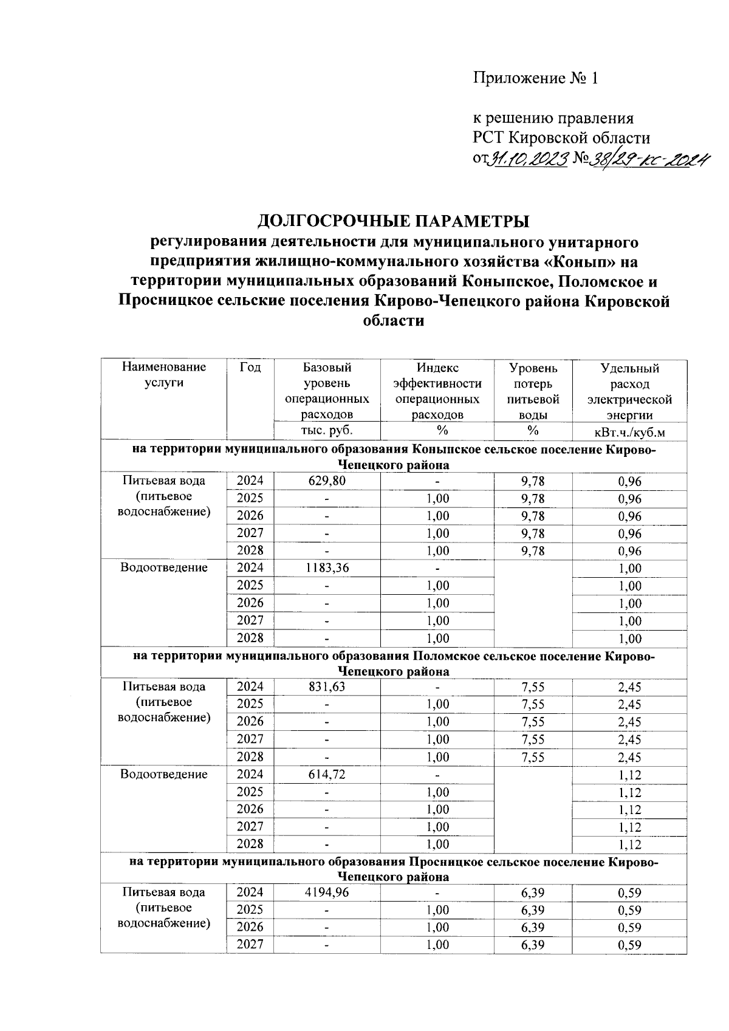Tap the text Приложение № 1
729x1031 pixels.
click(x=536, y=78)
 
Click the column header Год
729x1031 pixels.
click(x=250, y=368)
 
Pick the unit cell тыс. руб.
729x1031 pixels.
click(x=327, y=431)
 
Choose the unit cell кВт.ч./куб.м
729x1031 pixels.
click(x=629, y=431)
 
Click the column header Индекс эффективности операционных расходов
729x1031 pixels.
click(x=437, y=391)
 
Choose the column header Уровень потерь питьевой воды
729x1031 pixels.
click(x=533, y=391)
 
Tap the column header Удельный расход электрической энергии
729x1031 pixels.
click(x=629, y=391)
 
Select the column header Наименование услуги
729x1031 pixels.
click(x=164, y=375)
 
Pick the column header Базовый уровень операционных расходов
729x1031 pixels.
click(x=327, y=391)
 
